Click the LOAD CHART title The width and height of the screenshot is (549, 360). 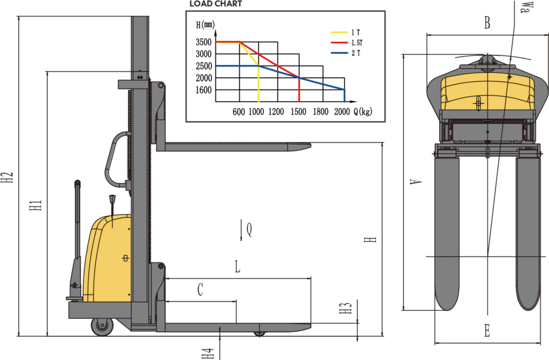(x=216, y=4)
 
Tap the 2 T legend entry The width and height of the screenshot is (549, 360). (x=355, y=53)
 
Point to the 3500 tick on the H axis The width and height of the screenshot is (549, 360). (x=204, y=42)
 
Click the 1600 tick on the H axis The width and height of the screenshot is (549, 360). (x=204, y=90)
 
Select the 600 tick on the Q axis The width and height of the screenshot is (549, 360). (x=239, y=112)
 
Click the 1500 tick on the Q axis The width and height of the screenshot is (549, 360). (x=299, y=112)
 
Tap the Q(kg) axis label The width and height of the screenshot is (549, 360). (x=363, y=112)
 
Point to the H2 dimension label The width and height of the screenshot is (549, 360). (x=7, y=179)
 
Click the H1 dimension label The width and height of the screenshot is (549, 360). (x=35, y=204)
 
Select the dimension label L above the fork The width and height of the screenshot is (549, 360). (x=238, y=267)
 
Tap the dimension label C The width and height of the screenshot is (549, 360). (x=200, y=290)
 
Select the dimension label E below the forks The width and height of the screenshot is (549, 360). (x=487, y=331)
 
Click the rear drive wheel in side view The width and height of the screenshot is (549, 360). (x=102, y=326)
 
